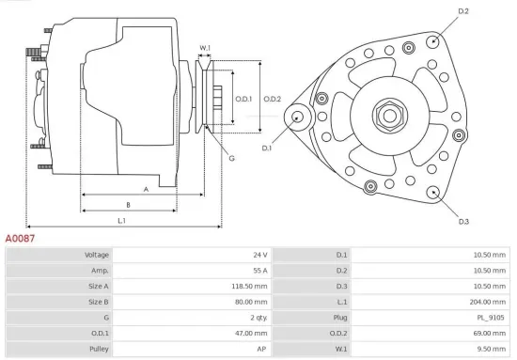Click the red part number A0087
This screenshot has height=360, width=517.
[20, 240]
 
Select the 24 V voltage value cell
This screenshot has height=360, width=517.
[259, 255]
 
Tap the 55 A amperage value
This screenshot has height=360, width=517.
[259, 271]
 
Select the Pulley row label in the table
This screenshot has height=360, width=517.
[98, 350]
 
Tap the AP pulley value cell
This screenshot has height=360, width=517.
[262, 350]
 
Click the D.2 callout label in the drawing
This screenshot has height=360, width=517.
[462, 11]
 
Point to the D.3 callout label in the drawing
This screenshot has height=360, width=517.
[463, 222]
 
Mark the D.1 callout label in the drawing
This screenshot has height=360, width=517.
[267, 149]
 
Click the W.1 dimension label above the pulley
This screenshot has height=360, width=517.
[205, 48]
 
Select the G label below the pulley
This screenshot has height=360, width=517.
[230, 158]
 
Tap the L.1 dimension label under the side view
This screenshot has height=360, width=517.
[122, 221]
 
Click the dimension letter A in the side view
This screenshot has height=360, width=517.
[146, 189]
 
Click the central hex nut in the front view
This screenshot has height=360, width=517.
[388, 117]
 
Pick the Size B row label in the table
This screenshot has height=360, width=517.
[98, 302]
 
